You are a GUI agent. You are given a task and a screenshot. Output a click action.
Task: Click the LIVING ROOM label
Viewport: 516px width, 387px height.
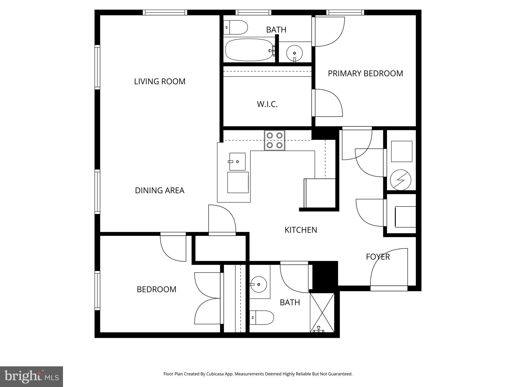tap(159, 81)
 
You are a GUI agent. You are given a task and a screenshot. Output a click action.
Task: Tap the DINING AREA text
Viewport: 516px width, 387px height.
tap(159, 190)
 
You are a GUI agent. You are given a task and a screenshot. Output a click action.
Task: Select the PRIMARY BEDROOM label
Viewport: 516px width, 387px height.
tap(365, 73)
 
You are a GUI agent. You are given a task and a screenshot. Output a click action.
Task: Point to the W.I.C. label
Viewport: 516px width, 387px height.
tap(267, 104)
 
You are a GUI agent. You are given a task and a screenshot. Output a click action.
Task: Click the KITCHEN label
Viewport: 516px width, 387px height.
tap(301, 230)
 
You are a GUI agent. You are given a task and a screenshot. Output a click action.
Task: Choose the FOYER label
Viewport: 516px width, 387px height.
tap(378, 257)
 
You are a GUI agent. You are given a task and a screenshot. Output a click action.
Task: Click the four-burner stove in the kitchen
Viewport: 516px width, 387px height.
tap(274, 140)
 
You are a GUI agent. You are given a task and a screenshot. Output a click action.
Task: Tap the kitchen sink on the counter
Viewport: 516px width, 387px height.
tap(237, 162)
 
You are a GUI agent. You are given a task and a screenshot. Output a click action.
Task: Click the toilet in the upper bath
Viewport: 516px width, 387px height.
tap(236, 27)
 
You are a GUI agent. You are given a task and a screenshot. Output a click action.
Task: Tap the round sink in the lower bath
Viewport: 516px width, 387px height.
tap(259, 284)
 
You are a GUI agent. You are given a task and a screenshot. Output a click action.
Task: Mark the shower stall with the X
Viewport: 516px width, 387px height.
tap(322, 312)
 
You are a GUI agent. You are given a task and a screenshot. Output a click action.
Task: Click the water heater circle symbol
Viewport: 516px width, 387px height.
tap(400, 180)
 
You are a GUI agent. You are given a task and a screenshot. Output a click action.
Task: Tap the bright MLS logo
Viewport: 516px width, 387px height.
tap(31, 376)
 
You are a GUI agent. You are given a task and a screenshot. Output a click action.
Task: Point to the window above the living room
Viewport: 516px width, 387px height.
tap(165, 12)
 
